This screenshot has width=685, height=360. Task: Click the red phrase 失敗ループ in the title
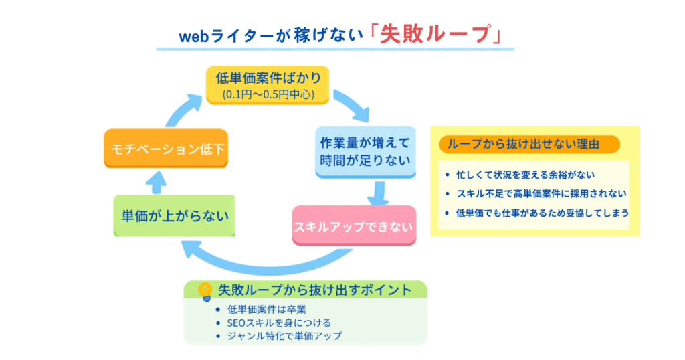435,34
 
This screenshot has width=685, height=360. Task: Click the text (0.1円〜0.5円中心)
268,94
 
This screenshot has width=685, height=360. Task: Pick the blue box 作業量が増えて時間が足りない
365,151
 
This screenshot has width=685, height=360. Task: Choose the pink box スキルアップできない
354,226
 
